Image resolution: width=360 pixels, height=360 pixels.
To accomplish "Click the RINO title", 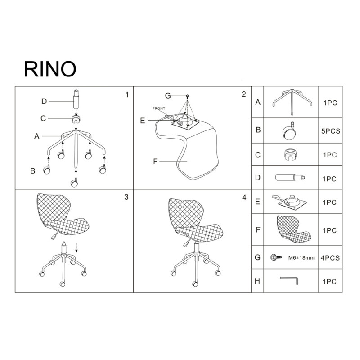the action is pyautogui.click(x=50, y=69).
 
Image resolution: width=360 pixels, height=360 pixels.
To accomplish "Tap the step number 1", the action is pyautogui.click(x=127, y=94).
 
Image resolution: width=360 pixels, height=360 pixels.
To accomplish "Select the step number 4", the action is pyautogui.click(x=244, y=198).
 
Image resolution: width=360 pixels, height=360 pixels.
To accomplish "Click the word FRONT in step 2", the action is pyautogui.click(x=159, y=108).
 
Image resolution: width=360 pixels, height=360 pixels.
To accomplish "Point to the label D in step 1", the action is pyautogui.click(x=44, y=101).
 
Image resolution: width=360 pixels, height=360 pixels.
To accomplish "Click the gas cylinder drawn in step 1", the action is pyautogui.click(x=76, y=99).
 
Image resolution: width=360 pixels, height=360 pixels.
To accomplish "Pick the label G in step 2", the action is pyautogui.click(x=168, y=95).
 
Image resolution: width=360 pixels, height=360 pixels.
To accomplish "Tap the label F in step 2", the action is pyautogui.click(x=155, y=162).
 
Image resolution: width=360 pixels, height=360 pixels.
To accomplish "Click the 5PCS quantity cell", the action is pyautogui.click(x=331, y=131).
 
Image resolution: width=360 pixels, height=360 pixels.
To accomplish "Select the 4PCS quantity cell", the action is pyautogui.click(x=330, y=258).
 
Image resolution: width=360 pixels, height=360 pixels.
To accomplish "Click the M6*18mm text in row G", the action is pyautogui.click(x=301, y=258).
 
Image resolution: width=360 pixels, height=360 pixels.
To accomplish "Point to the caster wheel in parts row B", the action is pyautogui.click(x=289, y=130).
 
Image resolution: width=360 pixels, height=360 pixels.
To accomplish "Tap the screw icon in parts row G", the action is pyautogui.click(x=276, y=257).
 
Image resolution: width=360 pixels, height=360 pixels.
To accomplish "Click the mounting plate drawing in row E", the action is pyautogui.click(x=290, y=202).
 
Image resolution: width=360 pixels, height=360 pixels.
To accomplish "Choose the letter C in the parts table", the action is pyautogui.click(x=258, y=155).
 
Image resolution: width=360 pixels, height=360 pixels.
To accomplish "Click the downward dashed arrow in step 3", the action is pyautogui.click(x=76, y=247).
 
